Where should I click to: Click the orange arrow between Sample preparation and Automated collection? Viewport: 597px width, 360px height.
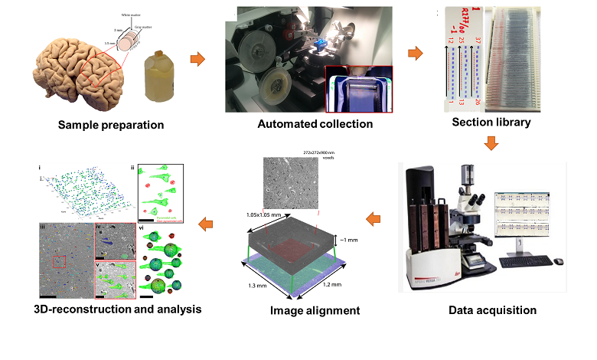pos(197,59)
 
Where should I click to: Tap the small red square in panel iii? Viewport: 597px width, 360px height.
pos(58,262)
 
